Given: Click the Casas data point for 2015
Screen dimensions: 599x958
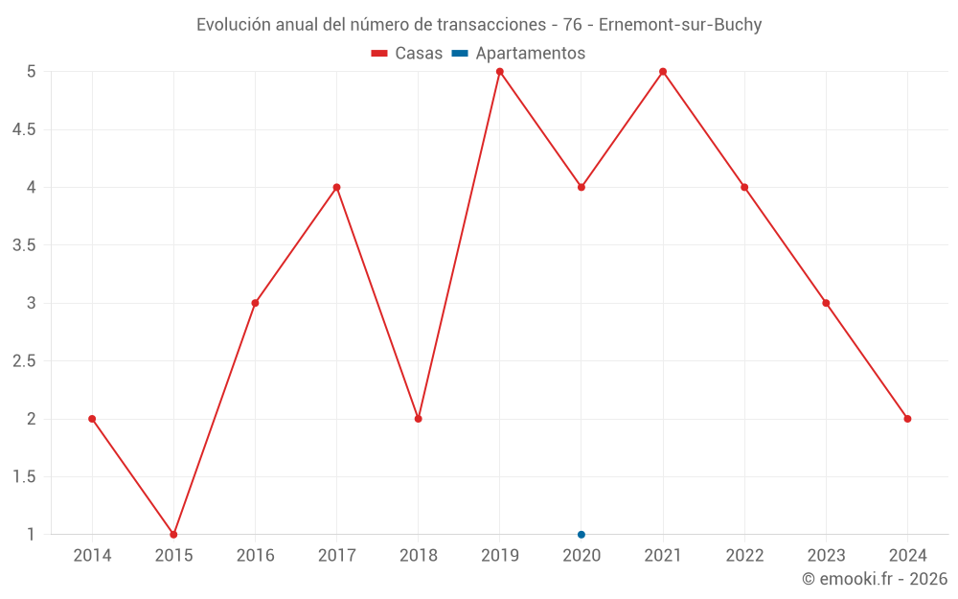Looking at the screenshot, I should (x=173, y=535).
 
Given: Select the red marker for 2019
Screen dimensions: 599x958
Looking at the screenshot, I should (x=500, y=72).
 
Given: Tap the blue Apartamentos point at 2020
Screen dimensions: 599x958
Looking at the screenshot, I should (x=582, y=535).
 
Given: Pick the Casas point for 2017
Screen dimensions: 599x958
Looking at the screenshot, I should (x=336, y=187).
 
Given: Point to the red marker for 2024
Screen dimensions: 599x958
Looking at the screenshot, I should (x=907, y=419).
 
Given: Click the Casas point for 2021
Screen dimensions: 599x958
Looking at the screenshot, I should (x=663, y=72).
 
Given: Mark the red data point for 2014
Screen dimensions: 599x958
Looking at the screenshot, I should (x=92, y=419).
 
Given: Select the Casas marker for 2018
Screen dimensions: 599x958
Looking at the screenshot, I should (x=419, y=419).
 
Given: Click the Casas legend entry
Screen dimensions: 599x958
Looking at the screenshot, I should (x=407, y=54).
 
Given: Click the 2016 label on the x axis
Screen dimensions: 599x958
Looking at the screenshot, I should (x=255, y=556).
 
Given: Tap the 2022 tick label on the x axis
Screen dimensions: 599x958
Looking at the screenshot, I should (x=744, y=556).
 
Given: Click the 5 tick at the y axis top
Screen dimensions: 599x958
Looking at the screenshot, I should (x=32, y=72).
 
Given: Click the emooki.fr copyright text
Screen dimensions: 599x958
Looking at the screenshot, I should (x=875, y=579).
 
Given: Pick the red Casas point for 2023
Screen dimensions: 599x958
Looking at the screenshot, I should (x=826, y=303).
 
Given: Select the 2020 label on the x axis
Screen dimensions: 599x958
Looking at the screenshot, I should (x=582, y=556).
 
